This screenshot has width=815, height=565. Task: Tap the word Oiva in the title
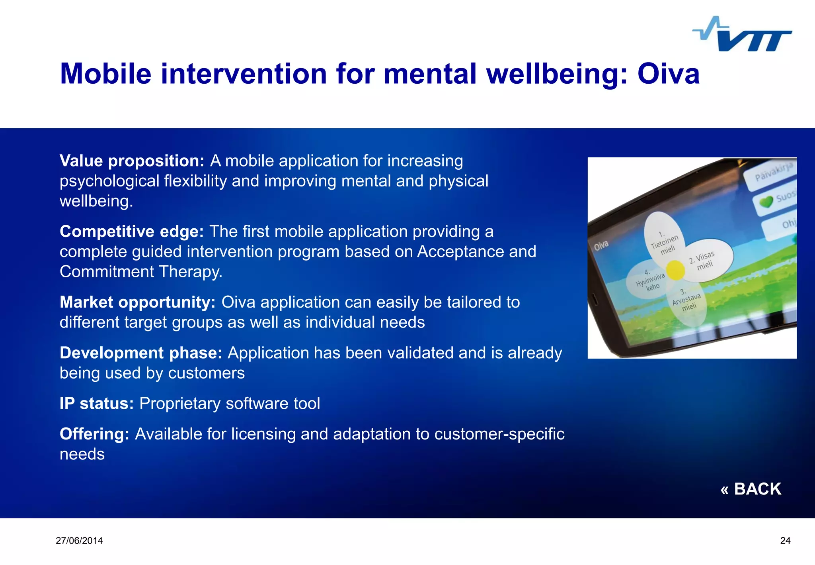tap(668, 74)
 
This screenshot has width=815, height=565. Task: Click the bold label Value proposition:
tap(132, 161)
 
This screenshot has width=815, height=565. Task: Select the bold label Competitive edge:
tap(132, 231)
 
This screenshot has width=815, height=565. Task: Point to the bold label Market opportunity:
tap(137, 302)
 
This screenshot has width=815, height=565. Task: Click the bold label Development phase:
tap(141, 353)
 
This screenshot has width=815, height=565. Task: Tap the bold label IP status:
tap(97, 404)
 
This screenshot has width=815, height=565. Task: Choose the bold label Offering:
tap(94, 434)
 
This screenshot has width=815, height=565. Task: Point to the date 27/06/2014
tap(79, 541)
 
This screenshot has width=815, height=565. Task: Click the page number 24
tap(785, 541)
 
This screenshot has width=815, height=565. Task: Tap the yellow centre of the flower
tap(675, 270)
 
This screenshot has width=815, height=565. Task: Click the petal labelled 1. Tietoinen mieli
tap(664, 238)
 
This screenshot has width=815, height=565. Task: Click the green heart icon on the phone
tap(766, 202)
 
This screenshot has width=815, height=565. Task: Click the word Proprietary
tap(180, 404)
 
